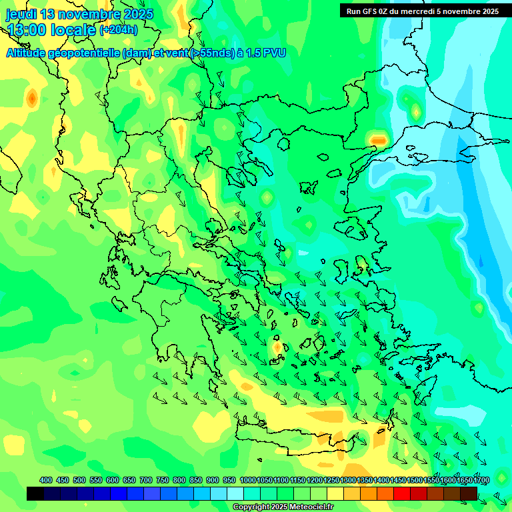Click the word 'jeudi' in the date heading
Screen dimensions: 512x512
(x=21, y=14)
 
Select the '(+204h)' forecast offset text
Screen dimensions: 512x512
(x=119, y=29)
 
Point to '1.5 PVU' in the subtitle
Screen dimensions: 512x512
(x=265, y=53)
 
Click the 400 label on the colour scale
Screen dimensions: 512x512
(x=46, y=480)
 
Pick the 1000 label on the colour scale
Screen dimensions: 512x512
(x=247, y=480)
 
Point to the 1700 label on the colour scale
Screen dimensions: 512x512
(x=481, y=480)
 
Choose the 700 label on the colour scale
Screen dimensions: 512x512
(x=146, y=480)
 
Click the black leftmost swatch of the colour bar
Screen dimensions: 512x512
(x=35, y=493)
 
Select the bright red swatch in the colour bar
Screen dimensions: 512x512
(x=402, y=493)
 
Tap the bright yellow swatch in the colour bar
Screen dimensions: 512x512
(x=335, y=493)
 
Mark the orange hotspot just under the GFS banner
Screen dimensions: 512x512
(x=379, y=140)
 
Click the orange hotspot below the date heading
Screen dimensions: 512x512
(x=31, y=99)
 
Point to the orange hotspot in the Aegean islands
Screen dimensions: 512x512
(x=277, y=347)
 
